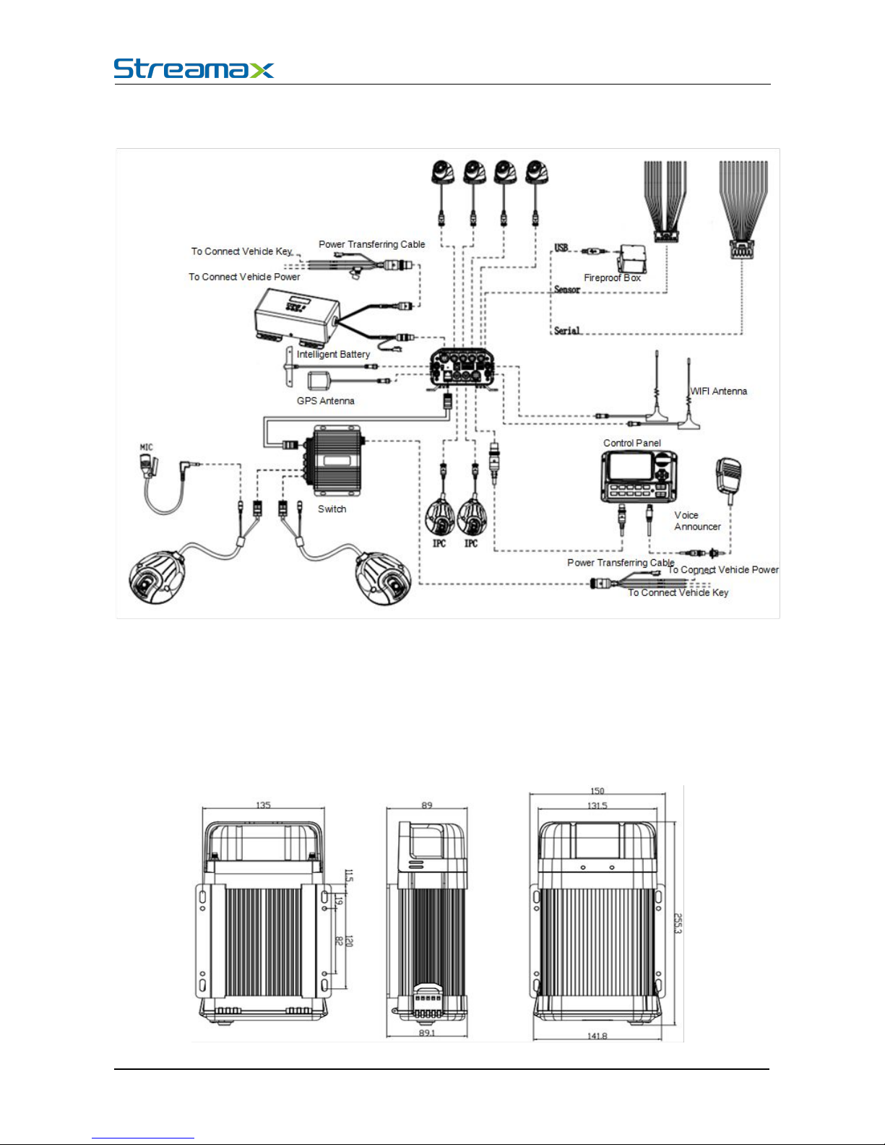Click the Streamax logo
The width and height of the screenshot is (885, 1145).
click(194, 69)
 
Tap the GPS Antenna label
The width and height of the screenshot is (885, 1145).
click(326, 401)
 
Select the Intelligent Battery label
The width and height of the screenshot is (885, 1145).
click(333, 355)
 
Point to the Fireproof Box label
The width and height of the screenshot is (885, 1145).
click(612, 277)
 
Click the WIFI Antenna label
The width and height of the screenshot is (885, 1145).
click(719, 391)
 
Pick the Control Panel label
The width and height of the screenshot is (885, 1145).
click(632, 443)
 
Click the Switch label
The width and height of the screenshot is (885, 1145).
click(332, 509)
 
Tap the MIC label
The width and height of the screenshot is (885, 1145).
click(147, 447)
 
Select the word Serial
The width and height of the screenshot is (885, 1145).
click(567, 330)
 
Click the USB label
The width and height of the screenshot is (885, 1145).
click(561, 247)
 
